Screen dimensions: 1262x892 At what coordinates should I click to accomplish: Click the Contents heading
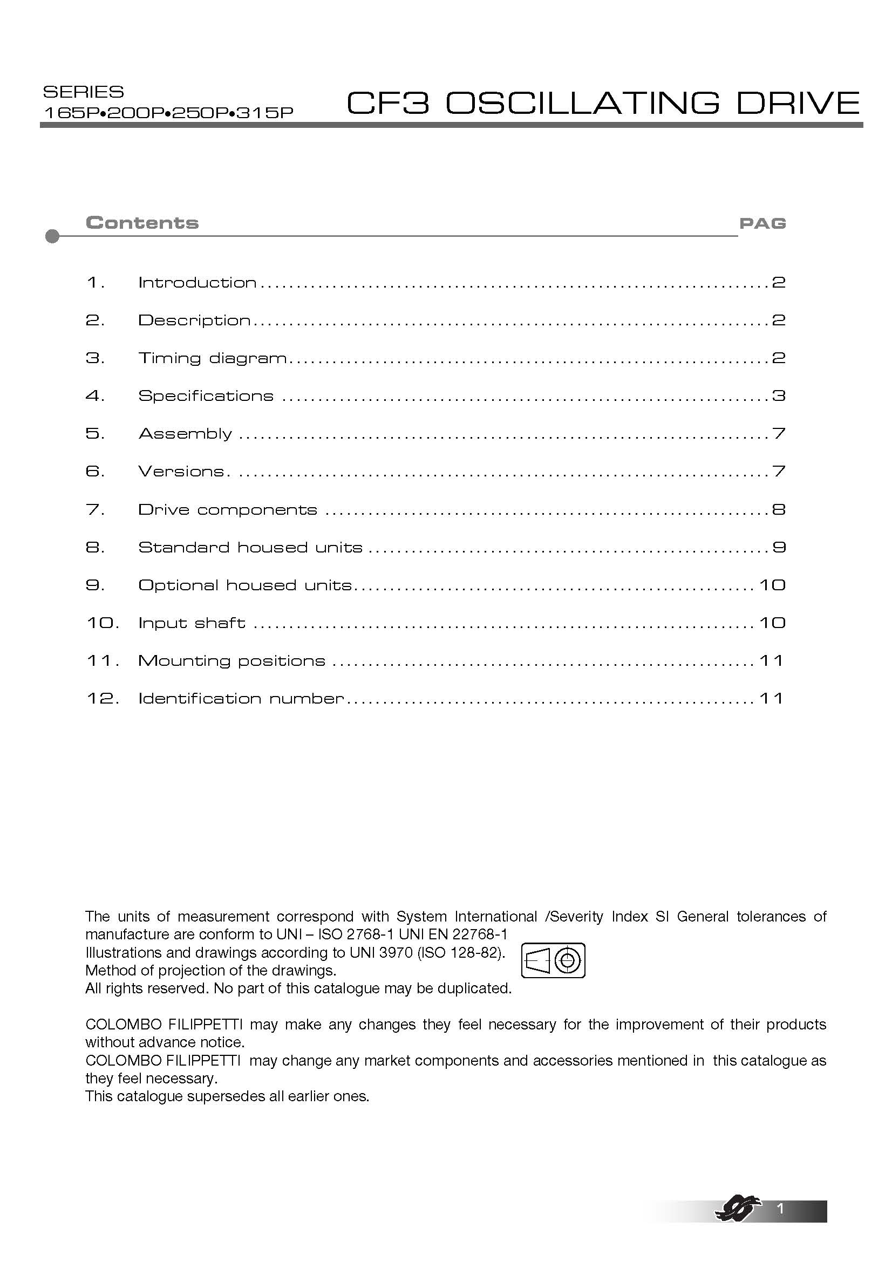pos(142,223)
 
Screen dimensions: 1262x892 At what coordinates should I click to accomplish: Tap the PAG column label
pos(762,223)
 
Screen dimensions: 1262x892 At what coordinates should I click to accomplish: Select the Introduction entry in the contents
pos(198,283)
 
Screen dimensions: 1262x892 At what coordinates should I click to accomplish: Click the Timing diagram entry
pos(212,358)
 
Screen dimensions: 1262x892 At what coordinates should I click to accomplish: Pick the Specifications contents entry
pos(206,395)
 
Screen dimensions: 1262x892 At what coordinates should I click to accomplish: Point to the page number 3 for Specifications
pos(778,395)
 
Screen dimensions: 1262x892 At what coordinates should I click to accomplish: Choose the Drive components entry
pos(228,509)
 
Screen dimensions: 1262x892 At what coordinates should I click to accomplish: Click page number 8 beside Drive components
pos(778,509)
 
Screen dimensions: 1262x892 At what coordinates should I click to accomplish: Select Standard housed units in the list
pos(250,548)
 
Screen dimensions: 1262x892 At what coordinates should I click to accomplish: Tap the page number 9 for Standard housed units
pos(778,548)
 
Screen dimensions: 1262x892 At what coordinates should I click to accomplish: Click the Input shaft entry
pos(191,623)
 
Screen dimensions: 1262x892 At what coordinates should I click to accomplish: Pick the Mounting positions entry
pos(231,661)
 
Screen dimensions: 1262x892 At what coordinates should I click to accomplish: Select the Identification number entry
pos(241,699)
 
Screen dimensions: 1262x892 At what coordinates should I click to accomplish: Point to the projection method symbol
pos(553,960)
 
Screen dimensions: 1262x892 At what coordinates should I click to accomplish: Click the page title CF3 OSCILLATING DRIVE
pos(603,103)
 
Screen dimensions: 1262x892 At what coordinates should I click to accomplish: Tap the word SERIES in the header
pos(84,91)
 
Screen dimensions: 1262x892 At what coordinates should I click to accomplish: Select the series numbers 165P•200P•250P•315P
pos(168,113)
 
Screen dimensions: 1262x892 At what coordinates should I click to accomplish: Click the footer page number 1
pos(780,1209)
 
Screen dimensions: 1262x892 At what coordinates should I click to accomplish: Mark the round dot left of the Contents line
pos(52,236)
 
